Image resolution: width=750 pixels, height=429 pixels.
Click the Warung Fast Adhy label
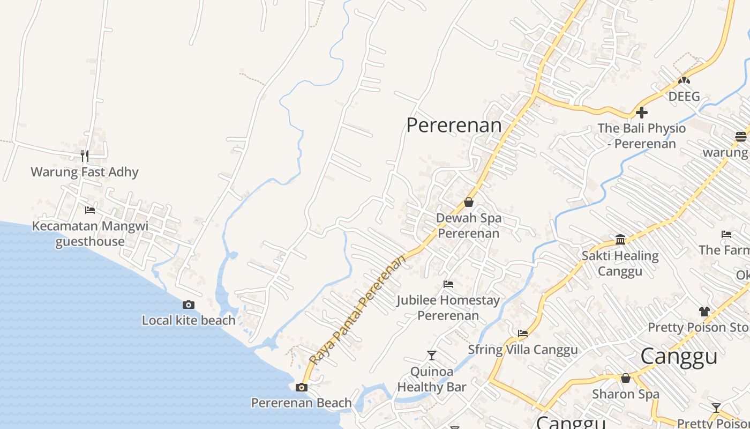pos(85,172)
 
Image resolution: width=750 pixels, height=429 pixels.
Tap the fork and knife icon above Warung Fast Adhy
pos(85,156)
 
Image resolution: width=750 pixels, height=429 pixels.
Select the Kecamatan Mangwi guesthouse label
pos(90,233)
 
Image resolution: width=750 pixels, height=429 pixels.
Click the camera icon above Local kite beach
pos(189,305)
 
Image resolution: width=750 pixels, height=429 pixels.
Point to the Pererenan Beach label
pos(302,403)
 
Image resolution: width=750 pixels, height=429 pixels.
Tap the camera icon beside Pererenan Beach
pos(302,387)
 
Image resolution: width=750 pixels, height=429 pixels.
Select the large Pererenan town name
pos(454,125)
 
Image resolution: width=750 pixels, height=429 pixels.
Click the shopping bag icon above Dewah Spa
pos(469,202)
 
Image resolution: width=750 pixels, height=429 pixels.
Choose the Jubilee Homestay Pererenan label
pos(448,308)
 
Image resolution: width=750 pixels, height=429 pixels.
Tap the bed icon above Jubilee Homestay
pos(448,284)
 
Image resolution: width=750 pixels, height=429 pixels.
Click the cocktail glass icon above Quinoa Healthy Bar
pos(431,355)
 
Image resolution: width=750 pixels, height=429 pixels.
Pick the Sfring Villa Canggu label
pos(523,350)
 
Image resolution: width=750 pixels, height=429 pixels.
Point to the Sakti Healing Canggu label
pos(620,263)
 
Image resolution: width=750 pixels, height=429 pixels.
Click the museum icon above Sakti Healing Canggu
pos(620,239)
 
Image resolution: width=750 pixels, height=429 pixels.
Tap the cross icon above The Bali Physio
pos(641,113)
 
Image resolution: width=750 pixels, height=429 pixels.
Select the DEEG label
pos(684,97)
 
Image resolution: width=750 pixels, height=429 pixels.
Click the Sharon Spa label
pos(625,394)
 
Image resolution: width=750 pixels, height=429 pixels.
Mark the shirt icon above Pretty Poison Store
pos(704,311)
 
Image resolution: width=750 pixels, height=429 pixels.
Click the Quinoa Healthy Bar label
pos(432,379)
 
